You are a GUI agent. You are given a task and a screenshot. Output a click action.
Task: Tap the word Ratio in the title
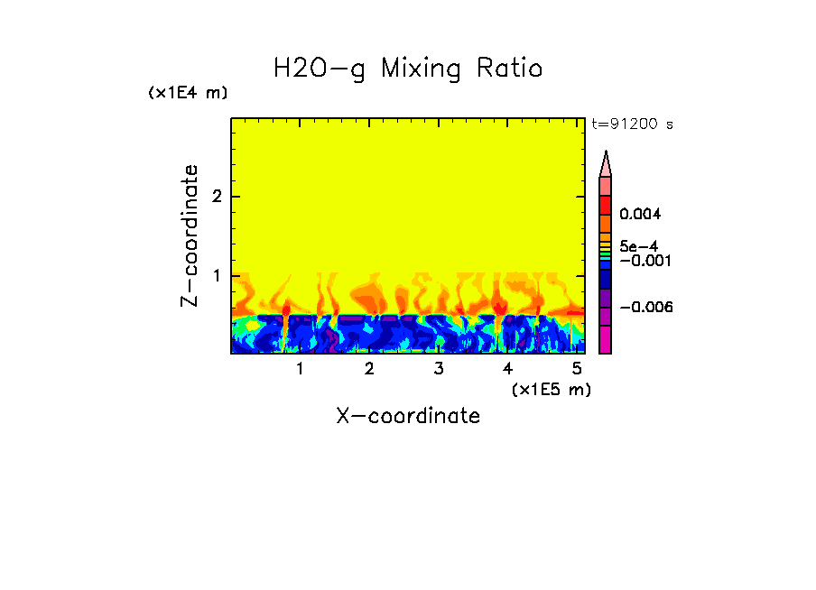click(510, 69)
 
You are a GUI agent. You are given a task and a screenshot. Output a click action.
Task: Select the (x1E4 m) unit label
click(188, 93)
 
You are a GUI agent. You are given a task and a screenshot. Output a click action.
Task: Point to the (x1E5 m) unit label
click(551, 389)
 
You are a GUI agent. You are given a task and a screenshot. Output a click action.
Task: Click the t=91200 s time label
click(632, 124)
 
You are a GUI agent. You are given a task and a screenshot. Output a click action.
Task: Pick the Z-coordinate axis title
click(190, 235)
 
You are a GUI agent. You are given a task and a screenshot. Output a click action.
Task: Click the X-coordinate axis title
click(408, 416)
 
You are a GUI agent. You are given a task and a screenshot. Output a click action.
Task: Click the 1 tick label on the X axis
click(300, 369)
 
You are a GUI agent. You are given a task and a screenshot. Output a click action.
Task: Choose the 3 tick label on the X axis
click(438, 369)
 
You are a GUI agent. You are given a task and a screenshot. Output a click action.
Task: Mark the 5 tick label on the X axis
click(576, 369)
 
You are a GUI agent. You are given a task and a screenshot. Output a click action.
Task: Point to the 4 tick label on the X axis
click(507, 369)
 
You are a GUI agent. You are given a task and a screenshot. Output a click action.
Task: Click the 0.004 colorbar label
click(640, 215)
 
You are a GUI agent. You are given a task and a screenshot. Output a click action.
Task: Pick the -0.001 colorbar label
click(644, 260)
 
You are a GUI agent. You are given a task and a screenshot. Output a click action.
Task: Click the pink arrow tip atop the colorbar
click(606, 164)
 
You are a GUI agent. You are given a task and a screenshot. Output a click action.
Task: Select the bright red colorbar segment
click(606, 205)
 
